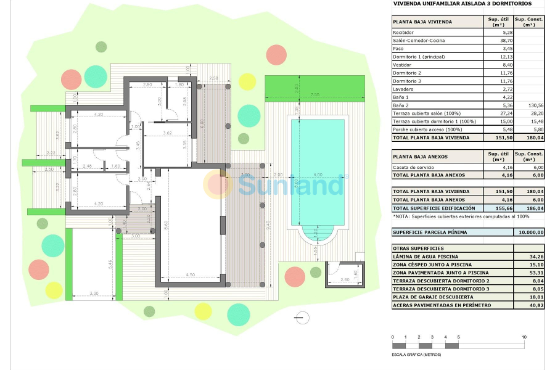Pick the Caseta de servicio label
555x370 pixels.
(x=415, y=167)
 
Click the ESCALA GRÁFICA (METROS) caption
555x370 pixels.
(x=416, y=355)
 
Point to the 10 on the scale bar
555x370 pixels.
(x=524, y=337)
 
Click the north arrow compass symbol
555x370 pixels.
(x=302, y=318)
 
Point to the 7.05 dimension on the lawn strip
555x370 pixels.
(x=314, y=94)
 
